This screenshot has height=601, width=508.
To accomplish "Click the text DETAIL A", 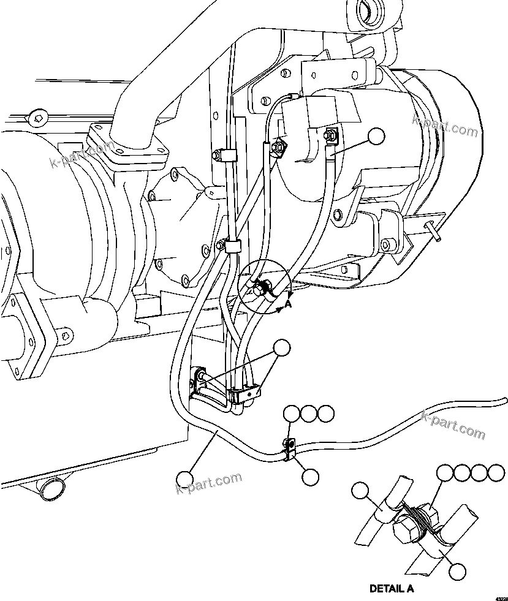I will coord(392,589).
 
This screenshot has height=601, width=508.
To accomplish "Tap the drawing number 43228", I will coord(501,597).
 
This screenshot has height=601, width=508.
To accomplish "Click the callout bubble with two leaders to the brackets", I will coord(282,349).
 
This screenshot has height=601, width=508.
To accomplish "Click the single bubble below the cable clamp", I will coord(311,477).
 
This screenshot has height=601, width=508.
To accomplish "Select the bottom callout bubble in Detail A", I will coord(457,571).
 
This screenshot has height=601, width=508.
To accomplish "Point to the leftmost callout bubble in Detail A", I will coord(362,491).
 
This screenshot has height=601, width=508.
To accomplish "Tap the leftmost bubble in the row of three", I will coord(292,414).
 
